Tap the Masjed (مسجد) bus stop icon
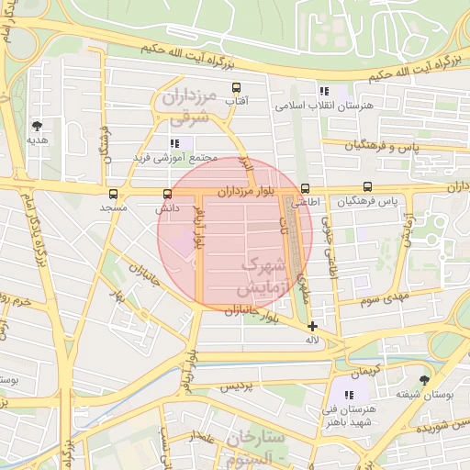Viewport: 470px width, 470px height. point(113,194)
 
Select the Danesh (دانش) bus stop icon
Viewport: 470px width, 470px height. point(167,194)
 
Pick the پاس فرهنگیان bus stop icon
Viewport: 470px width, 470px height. point(368,186)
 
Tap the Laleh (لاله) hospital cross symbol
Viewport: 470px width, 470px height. point(313,326)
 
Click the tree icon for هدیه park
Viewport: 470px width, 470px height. point(37,126)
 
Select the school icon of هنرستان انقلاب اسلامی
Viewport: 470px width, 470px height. point(323,91)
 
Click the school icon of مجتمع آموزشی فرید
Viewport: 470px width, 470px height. point(174,142)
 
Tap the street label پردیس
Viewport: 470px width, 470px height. point(235,387)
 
